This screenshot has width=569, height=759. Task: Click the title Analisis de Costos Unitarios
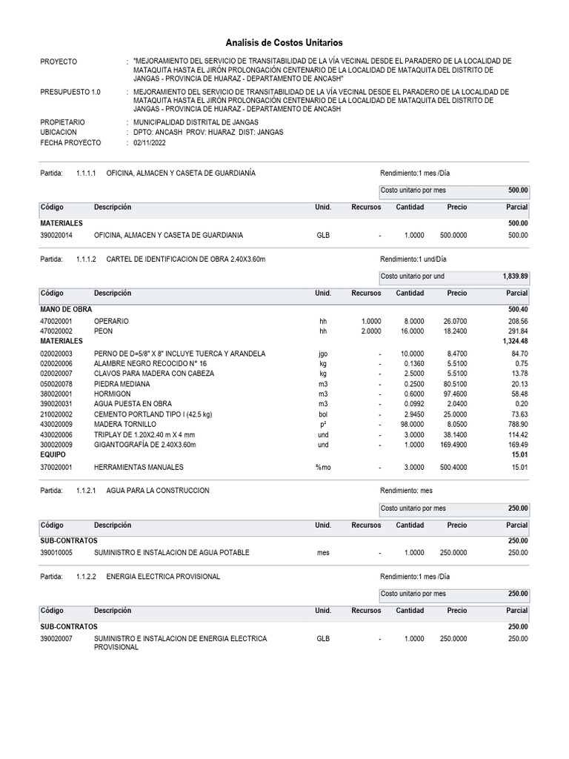[x=284, y=44]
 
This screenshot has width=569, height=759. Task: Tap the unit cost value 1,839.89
[x=515, y=276]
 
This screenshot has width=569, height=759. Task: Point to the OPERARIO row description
[x=111, y=321]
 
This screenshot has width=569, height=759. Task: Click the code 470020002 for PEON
[x=57, y=331]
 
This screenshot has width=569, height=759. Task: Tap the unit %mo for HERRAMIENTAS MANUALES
[x=323, y=468]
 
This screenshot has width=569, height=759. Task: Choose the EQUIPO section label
[x=53, y=454]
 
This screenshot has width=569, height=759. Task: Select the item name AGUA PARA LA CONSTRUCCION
[x=158, y=491]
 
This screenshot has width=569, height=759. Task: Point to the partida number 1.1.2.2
[x=86, y=576]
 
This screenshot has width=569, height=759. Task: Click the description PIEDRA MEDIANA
[x=122, y=384]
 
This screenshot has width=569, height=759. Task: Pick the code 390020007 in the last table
[x=57, y=638]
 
